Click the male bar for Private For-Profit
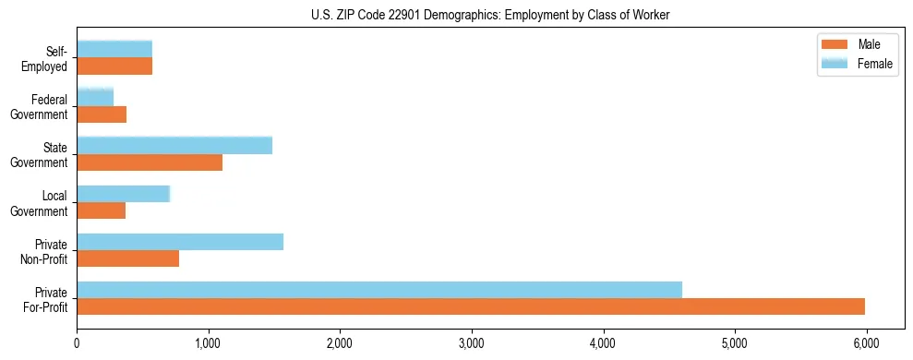tap(471, 306)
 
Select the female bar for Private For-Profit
tap(379, 290)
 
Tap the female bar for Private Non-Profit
tap(180, 242)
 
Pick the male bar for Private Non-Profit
tap(127, 258)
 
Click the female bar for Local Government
tap(124, 194)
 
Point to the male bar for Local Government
tap(101, 210)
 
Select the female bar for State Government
tap(174, 145)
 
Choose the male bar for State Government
tap(150, 162)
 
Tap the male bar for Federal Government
tap(102, 114)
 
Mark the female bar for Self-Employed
tap(114, 49)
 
